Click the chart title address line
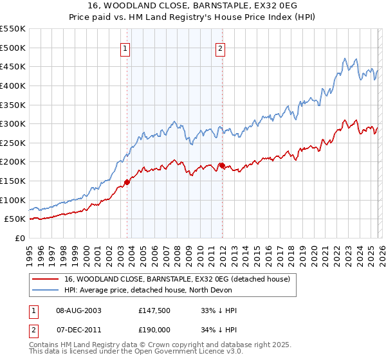pos(192,6)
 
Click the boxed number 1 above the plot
pos(125,48)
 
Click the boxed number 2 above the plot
pos(221,48)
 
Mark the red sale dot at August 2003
pos(127,182)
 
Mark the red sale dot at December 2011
pos(222,165)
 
